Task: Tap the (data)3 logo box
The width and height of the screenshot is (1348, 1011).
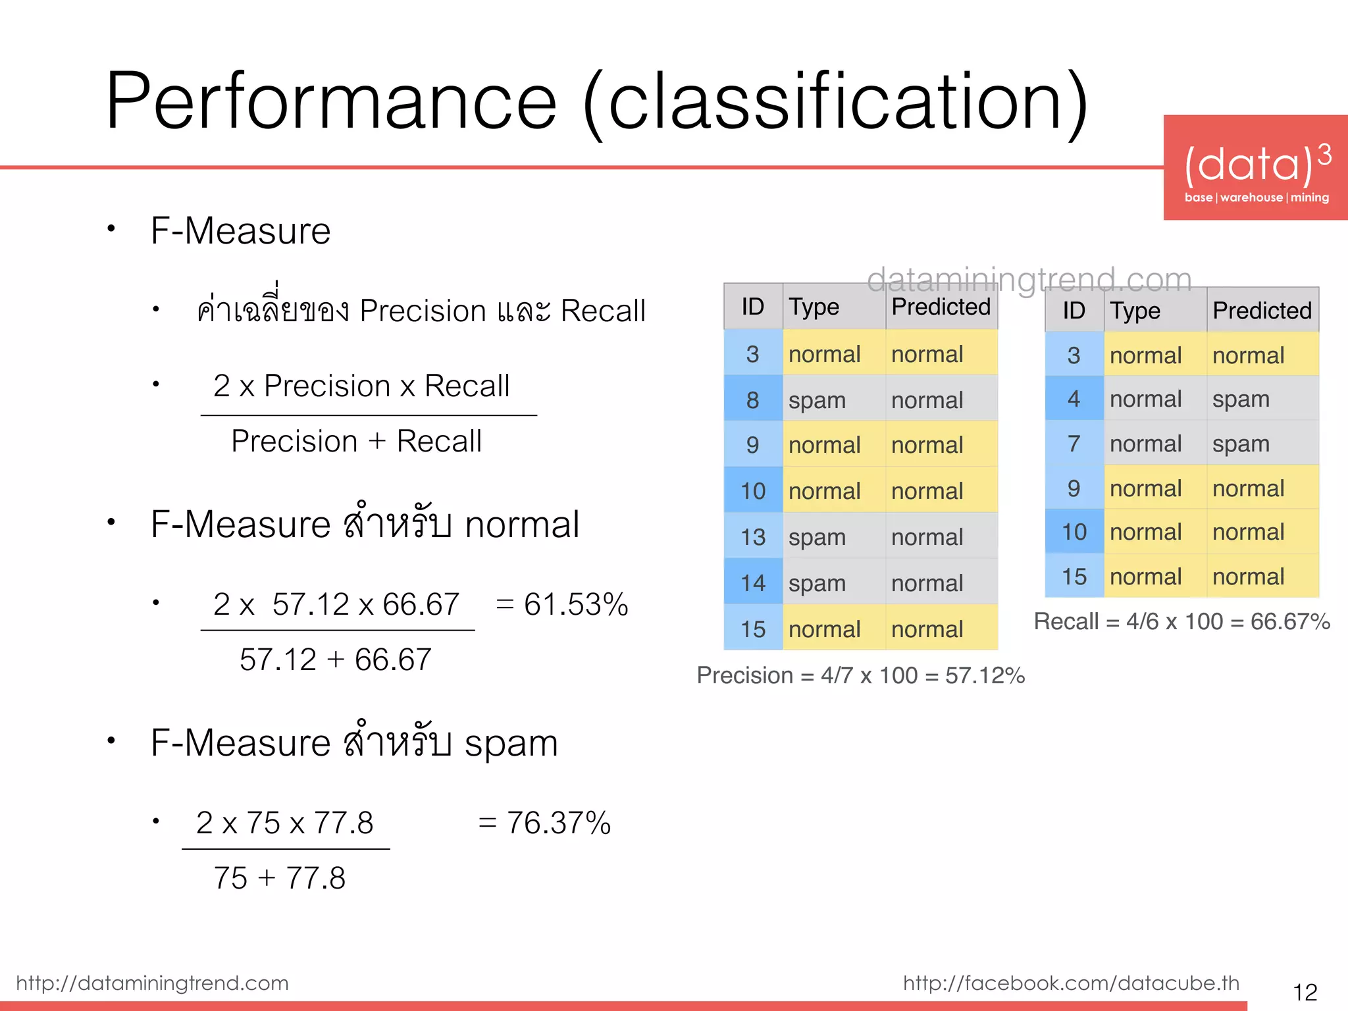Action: [1255, 167]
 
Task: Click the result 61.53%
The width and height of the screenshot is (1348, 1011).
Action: [575, 604]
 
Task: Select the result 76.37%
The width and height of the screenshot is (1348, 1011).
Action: [558, 823]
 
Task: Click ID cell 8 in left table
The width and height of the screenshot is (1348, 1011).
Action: [753, 400]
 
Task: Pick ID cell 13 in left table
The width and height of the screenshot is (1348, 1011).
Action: [753, 537]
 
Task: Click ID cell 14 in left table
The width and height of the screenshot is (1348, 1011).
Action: [753, 583]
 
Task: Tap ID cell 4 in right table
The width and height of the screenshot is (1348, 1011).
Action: [1074, 398]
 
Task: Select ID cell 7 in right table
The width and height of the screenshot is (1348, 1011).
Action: [1074, 443]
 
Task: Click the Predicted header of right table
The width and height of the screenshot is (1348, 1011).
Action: [1262, 310]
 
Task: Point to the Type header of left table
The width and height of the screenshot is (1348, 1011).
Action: [814, 307]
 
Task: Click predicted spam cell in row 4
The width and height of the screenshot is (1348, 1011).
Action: [1241, 399]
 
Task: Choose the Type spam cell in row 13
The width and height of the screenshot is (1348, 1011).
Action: [817, 537]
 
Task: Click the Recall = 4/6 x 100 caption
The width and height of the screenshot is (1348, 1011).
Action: [1181, 621]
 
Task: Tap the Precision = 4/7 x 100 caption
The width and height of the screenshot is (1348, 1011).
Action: [860, 675]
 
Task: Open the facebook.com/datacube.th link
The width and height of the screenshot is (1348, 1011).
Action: [1071, 983]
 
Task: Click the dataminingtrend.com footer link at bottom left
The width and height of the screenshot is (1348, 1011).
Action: [152, 983]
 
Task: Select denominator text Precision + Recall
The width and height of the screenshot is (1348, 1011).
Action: [356, 441]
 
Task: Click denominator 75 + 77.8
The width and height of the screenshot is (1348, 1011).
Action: [279, 878]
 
